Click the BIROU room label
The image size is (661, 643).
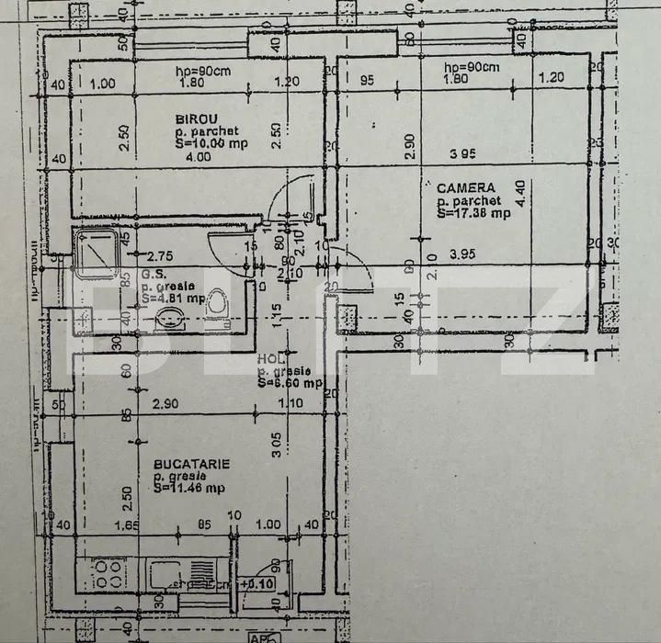point(196,118)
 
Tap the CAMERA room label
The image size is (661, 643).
point(465,187)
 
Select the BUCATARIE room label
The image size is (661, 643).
point(191,465)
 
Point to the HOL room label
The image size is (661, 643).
point(268,359)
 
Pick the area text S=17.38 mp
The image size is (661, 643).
point(473,213)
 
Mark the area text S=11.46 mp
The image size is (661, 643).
point(188,488)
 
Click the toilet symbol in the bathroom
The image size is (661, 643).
point(217,304)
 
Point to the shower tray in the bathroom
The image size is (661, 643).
point(97,247)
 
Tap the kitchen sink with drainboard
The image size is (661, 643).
point(179,577)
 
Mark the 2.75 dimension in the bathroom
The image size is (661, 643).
point(160,256)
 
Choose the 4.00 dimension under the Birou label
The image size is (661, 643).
point(198,157)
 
